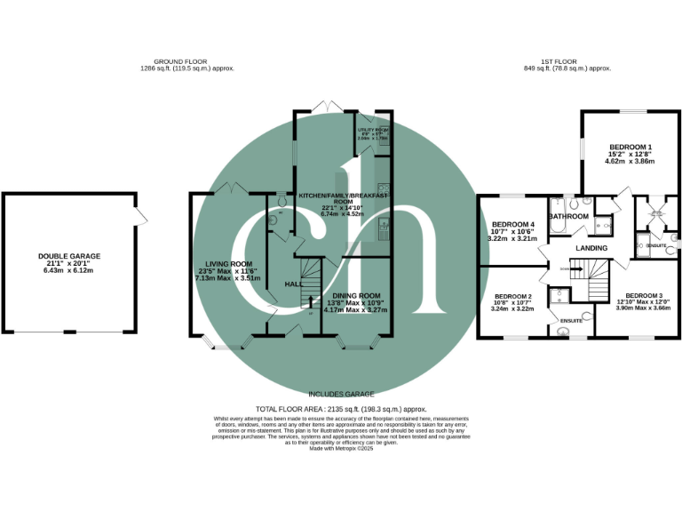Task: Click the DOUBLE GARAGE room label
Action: tap(68, 256)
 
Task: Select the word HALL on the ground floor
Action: tap(293, 284)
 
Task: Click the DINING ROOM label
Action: tap(356, 295)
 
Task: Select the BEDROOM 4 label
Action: tap(515, 224)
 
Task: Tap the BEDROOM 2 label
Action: tap(512, 296)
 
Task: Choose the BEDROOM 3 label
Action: tap(644, 295)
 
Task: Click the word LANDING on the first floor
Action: tap(591, 247)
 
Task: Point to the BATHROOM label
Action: tap(568, 216)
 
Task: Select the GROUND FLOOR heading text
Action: tap(186, 62)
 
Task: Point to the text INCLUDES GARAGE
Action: tap(341, 394)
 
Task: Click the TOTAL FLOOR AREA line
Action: tap(340, 408)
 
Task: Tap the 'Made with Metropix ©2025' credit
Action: tap(341, 449)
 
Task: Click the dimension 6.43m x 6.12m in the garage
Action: tap(68, 270)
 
